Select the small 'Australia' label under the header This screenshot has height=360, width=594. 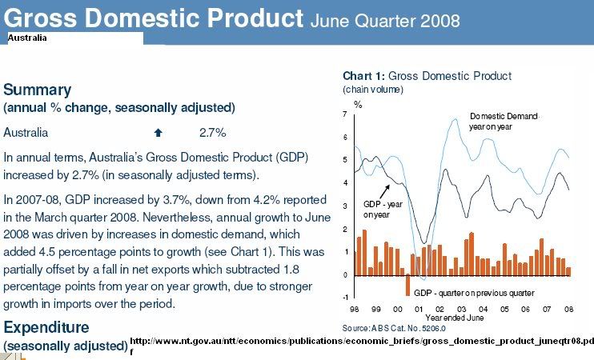click(x=27, y=38)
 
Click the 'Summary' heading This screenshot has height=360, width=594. click(x=38, y=90)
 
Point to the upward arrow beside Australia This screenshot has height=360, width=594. click(x=159, y=132)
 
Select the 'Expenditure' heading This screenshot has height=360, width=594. click(x=46, y=327)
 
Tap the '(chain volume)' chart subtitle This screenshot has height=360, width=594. click(x=373, y=89)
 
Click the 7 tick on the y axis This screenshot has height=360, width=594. click(x=345, y=114)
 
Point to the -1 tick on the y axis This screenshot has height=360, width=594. click(x=344, y=297)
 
